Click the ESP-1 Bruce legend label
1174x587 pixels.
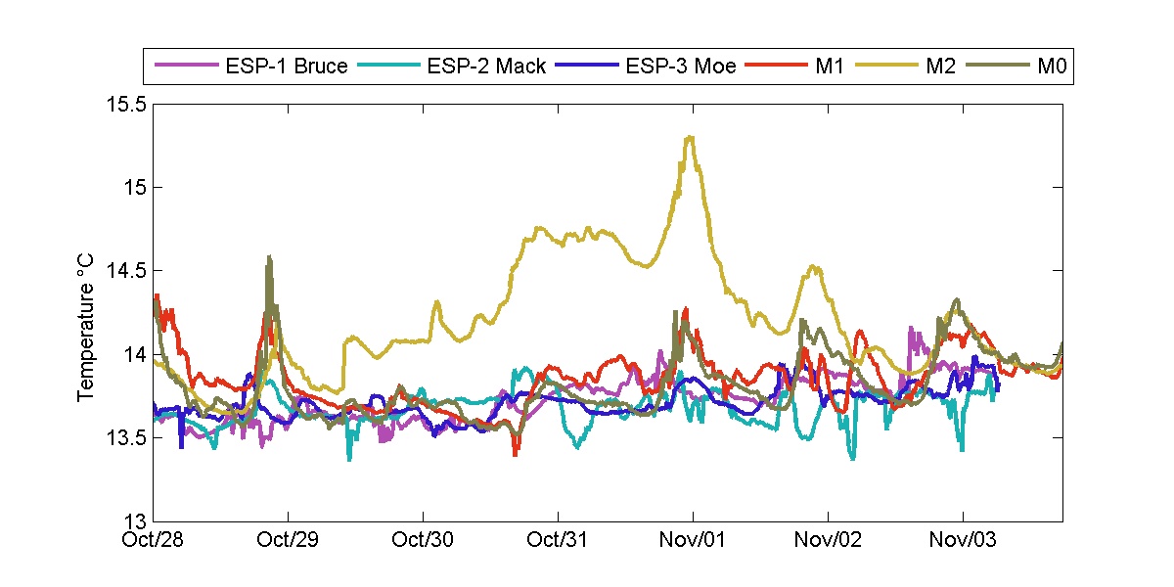tap(286, 67)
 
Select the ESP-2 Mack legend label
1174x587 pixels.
tap(486, 67)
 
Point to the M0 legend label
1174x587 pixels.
tap(1052, 67)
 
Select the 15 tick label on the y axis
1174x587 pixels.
tap(133, 187)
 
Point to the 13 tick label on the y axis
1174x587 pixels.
tap(133, 520)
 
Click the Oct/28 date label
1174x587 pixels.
tap(155, 539)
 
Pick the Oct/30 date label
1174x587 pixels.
tap(424, 539)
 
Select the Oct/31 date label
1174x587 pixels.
tap(559, 539)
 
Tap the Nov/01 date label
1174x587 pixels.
tap(693, 539)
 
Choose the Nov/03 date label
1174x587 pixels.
tap(963, 539)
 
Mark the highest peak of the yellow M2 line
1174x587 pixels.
tap(691, 137)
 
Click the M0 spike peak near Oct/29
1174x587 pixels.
tap(269, 257)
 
